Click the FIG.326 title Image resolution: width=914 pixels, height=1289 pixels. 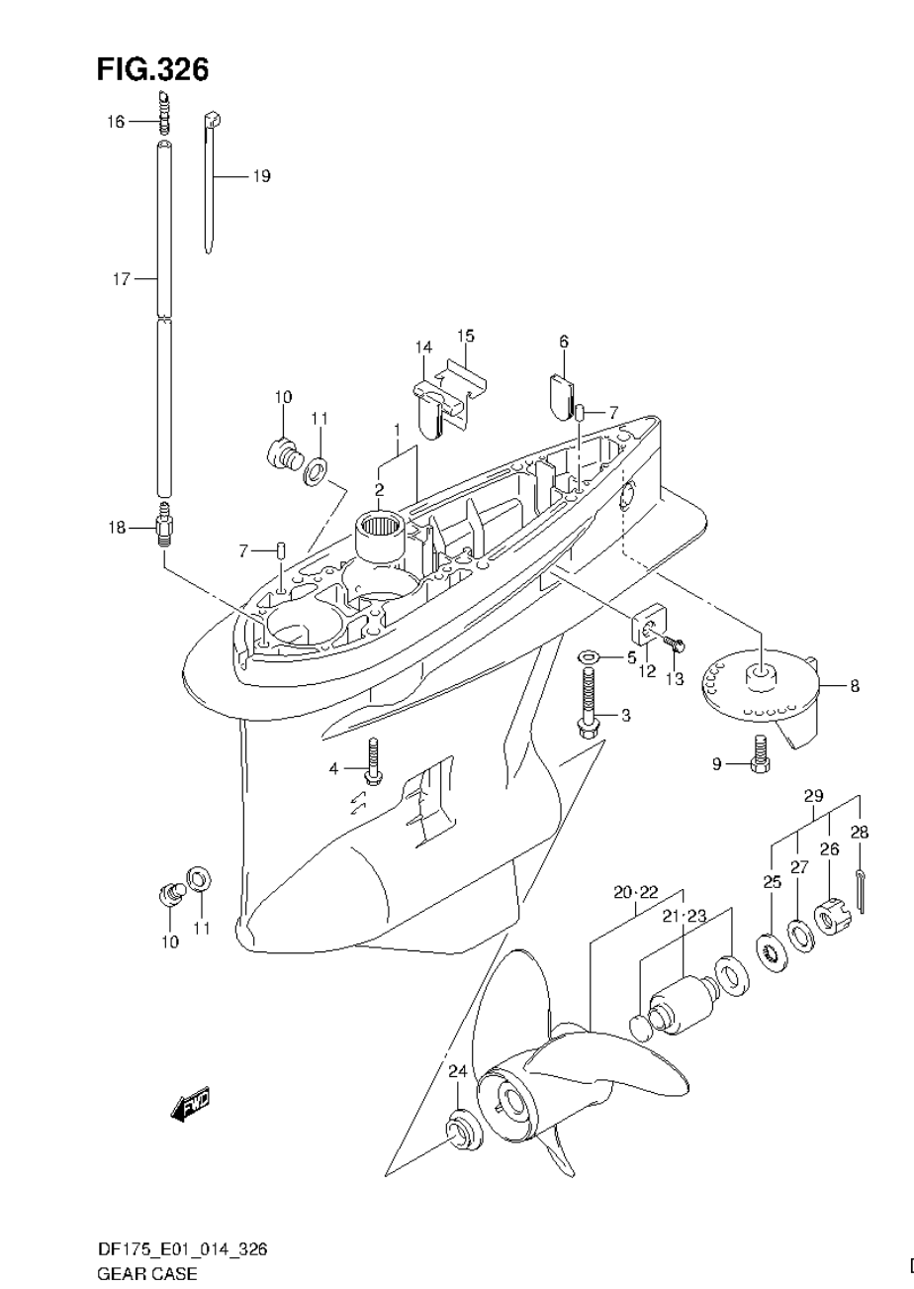152,69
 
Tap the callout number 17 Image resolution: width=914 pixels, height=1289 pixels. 120,279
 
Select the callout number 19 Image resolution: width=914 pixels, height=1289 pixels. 261,176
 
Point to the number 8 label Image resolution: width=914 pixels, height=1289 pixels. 854,685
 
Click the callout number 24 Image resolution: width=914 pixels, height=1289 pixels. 457,1071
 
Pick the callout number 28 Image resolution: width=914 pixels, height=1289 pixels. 859,832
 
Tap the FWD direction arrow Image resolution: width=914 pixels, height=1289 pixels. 191,1103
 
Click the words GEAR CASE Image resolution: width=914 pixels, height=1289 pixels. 146,1272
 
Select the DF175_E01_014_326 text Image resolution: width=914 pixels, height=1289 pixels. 181,1249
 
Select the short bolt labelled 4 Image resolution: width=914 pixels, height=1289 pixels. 374,761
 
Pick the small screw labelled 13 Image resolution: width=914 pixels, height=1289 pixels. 676,644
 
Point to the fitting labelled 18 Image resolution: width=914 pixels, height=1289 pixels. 164,528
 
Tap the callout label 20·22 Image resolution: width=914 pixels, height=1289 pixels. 636,892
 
